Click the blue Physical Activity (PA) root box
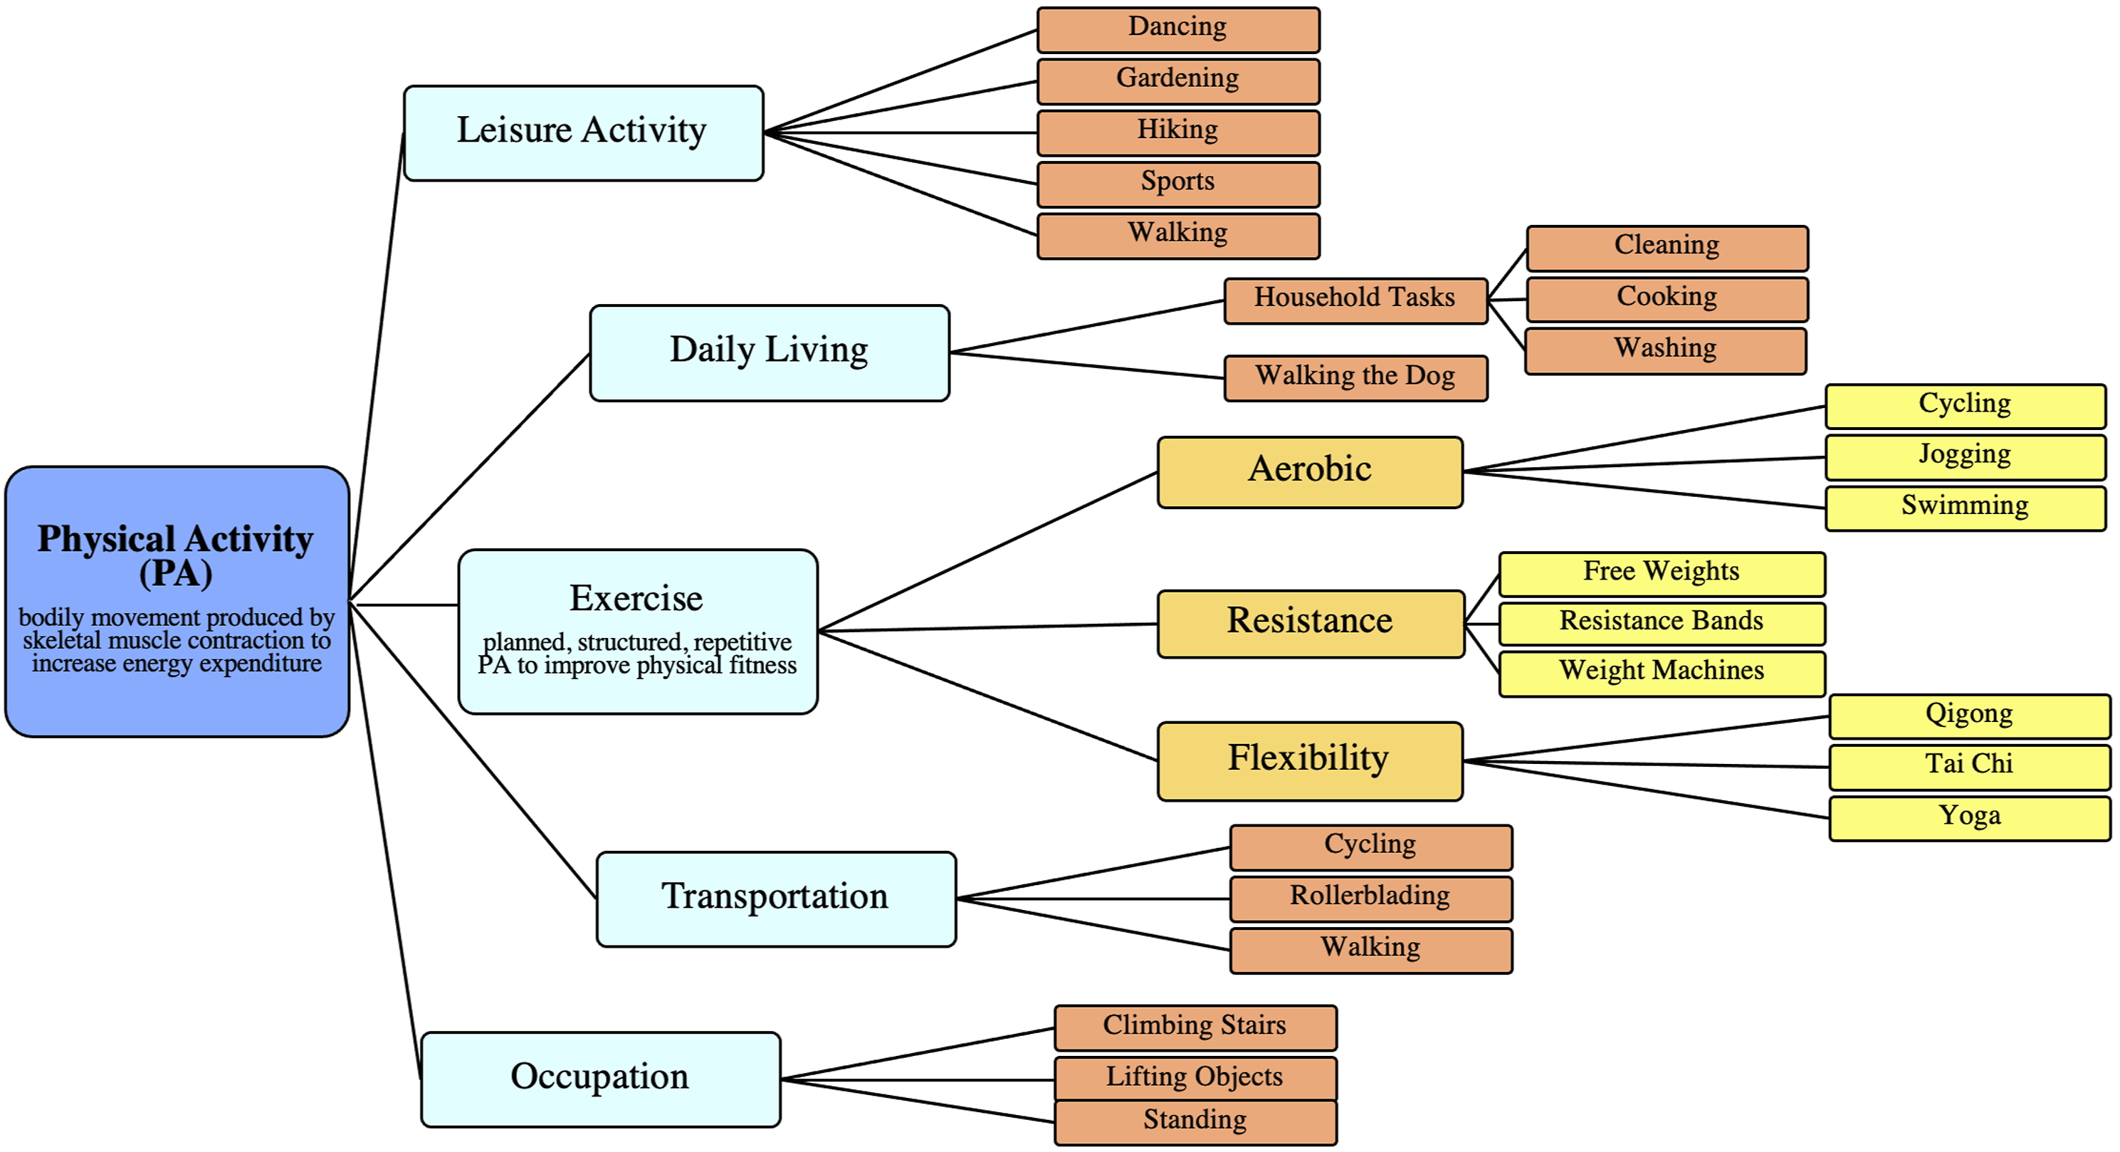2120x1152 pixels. (177, 602)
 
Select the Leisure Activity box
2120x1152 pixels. (584, 132)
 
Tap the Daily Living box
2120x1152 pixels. (770, 353)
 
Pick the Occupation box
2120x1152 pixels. (601, 1079)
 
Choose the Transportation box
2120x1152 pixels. (776, 899)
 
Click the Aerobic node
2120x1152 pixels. (1310, 472)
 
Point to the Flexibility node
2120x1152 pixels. (1310, 761)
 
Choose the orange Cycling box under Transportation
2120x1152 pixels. (1371, 847)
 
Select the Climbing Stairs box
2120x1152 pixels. (1196, 1027)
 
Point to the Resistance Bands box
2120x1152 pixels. (1662, 624)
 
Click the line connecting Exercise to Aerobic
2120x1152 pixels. (987, 551)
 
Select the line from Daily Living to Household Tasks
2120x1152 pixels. (1087, 327)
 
